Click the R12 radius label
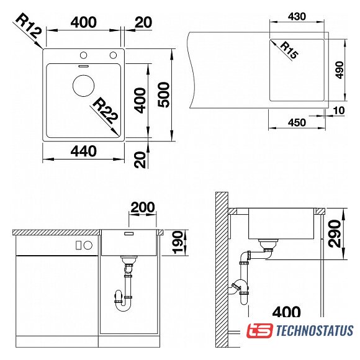29,25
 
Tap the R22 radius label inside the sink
106,110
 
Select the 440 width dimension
84,151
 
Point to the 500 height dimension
164,95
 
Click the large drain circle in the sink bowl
84,86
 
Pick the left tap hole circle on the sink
83,55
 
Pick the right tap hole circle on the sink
113,55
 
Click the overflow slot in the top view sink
83,66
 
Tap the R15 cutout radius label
289,50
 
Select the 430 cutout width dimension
297,17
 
